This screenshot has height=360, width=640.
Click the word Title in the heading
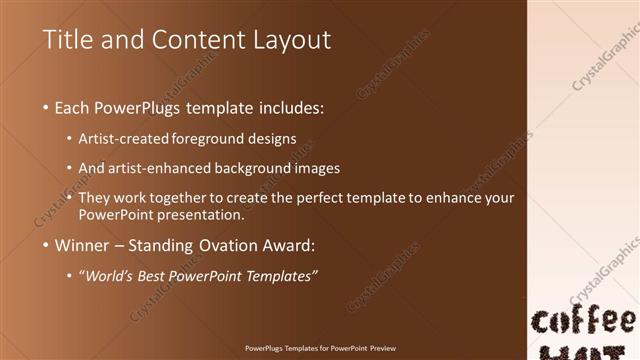coord(68,40)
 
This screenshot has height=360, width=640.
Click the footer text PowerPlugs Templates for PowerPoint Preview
coord(320,349)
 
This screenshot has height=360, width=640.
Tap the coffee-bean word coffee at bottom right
coord(583,322)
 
